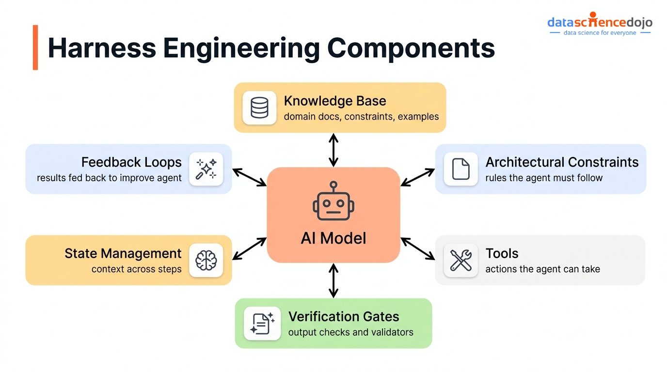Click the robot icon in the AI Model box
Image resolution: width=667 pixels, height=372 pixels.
tap(333, 202)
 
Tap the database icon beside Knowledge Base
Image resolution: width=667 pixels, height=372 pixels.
tap(259, 108)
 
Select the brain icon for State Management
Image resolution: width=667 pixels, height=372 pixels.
tap(206, 260)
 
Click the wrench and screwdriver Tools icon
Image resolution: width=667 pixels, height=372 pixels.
tap(461, 260)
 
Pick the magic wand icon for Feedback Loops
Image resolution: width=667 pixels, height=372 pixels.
tap(206, 169)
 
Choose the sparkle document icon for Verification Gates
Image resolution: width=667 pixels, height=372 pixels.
tap(262, 323)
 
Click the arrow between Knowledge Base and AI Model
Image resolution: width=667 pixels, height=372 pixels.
tap(333, 150)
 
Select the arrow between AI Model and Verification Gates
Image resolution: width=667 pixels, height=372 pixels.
tap(333, 280)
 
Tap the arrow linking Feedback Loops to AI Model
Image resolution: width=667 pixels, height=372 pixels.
tap(250, 177)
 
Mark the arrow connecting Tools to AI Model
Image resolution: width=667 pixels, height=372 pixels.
tap(418, 248)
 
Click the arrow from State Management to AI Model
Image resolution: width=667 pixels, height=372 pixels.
tap(250, 248)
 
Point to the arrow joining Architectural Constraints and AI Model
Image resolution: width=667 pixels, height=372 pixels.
tap(418, 177)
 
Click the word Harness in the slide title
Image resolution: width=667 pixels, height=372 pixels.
tap(102, 48)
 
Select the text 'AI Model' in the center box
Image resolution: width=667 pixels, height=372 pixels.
tap(333, 238)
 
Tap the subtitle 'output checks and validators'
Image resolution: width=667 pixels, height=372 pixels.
tap(350, 332)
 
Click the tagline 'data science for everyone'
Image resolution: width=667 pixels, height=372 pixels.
tap(600, 33)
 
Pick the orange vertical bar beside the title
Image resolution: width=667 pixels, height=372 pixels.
tap(35, 47)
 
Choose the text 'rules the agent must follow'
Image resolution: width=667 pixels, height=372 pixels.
tap(544, 178)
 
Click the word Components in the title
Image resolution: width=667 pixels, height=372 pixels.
tap(411, 48)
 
